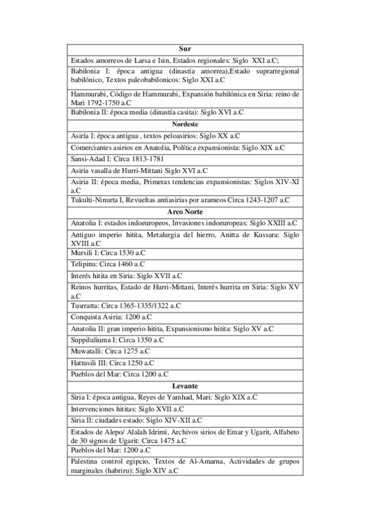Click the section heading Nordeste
click(185, 124)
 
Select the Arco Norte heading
click(185, 211)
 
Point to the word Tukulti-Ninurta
click(98, 200)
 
